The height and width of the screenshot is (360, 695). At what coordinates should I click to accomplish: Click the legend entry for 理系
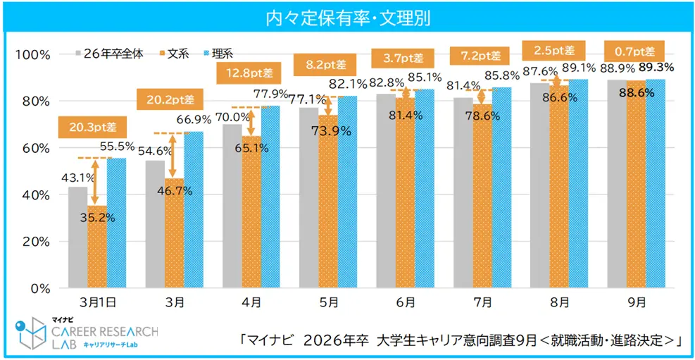pyautogui.click(x=222, y=54)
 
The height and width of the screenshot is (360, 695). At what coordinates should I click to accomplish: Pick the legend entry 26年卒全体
pyautogui.click(x=113, y=54)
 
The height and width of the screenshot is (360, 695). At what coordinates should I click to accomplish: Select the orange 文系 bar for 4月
pyautogui.click(x=251, y=211)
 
